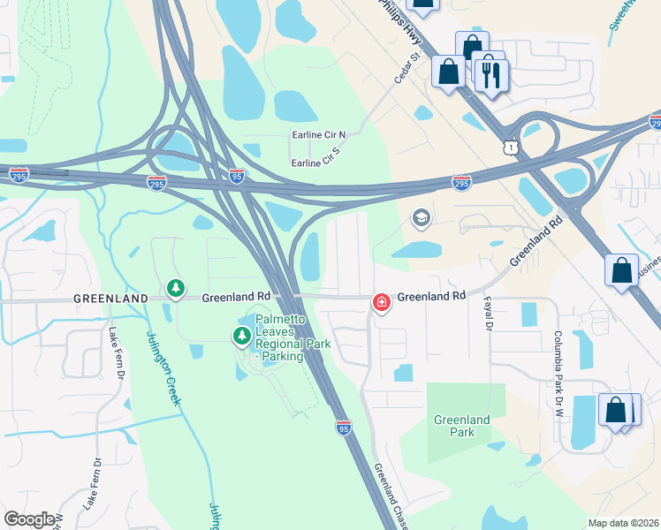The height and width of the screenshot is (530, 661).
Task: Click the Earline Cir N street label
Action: click(x=319, y=135)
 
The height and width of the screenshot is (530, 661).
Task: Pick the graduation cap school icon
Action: click(x=422, y=218)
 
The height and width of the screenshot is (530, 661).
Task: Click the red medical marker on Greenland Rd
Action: click(x=381, y=303)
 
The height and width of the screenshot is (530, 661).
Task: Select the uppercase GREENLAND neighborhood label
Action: click(x=110, y=299)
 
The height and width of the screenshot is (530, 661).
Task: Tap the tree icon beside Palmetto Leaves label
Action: click(x=241, y=336)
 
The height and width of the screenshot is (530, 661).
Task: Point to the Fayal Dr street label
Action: click(x=487, y=315)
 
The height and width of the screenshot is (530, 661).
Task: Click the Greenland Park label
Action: click(x=461, y=426)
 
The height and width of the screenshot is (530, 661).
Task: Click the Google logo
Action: click(x=29, y=520)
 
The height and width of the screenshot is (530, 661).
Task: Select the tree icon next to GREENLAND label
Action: click(x=176, y=289)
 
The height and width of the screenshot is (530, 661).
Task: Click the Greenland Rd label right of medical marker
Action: click(x=431, y=297)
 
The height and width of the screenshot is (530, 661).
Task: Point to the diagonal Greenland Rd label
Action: click(x=536, y=246)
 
